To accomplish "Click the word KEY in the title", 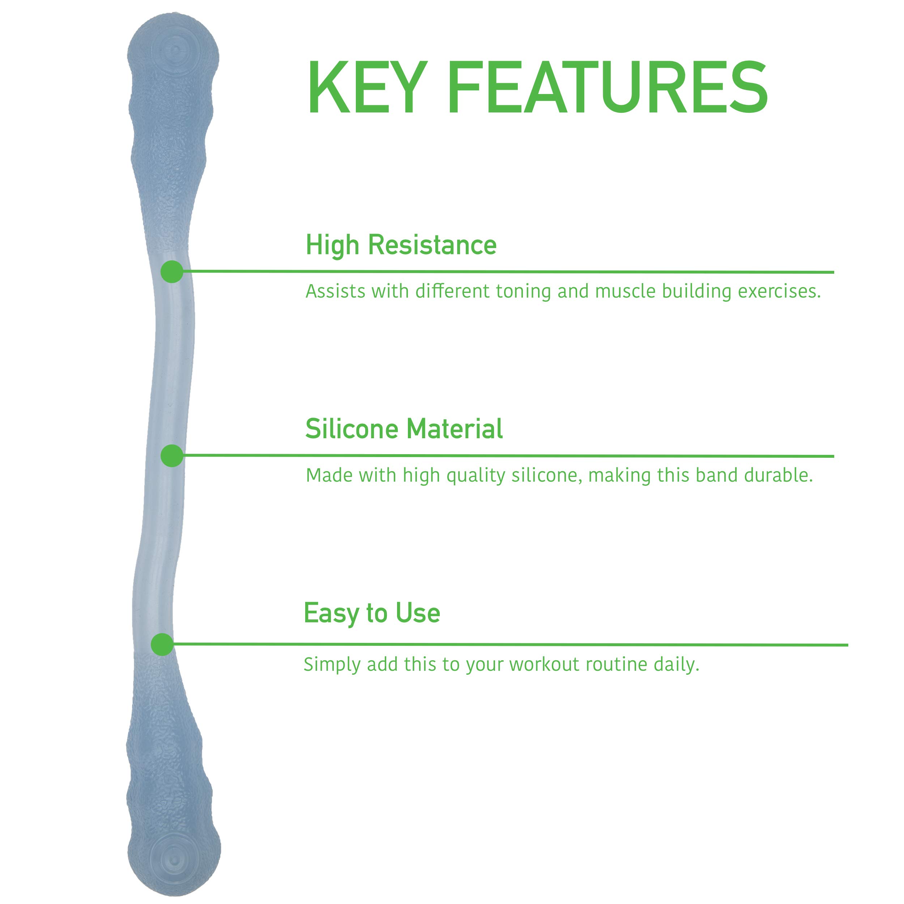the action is pos(367,88).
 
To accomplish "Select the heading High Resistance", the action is pos(401,245).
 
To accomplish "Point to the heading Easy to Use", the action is pos(372,613).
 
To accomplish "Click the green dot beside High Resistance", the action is pos(172,272).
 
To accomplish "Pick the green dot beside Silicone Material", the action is pos(172,456).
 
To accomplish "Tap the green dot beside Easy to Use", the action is pos(162,644).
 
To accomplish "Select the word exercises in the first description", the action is pos(780,291).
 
